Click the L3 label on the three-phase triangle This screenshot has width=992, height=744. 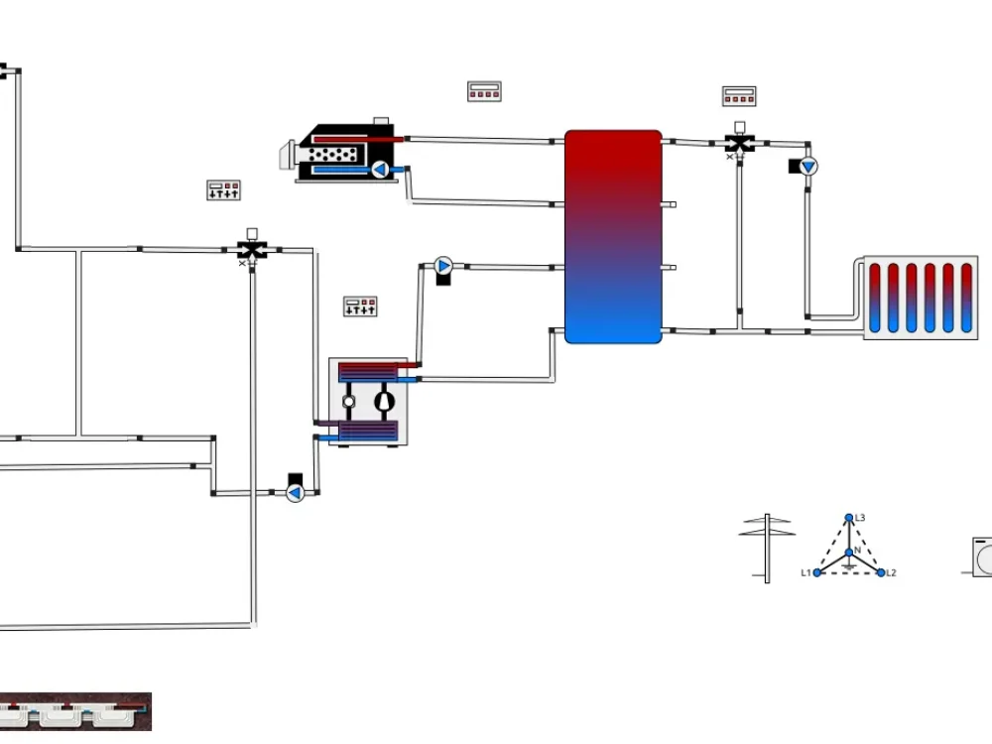(860, 518)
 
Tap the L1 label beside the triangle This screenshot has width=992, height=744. (806, 573)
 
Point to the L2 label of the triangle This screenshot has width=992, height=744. (891, 573)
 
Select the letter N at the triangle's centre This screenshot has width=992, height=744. (857, 551)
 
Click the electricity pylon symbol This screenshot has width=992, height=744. (766, 547)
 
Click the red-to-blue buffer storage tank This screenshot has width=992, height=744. (613, 236)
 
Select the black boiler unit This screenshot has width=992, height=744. (347, 154)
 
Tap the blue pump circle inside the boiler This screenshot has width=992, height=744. (379, 170)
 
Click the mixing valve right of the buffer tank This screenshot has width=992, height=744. (739, 143)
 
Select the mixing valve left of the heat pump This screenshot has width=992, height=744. (252, 249)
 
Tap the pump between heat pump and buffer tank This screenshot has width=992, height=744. (442, 266)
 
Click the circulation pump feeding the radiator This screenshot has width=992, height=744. (808, 167)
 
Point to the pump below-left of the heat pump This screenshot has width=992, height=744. (295, 492)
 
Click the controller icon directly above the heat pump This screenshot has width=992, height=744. (360, 307)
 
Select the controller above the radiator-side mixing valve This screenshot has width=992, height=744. (739, 96)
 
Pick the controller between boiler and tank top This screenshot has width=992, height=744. (484, 91)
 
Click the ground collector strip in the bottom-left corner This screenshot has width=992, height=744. (75, 711)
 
